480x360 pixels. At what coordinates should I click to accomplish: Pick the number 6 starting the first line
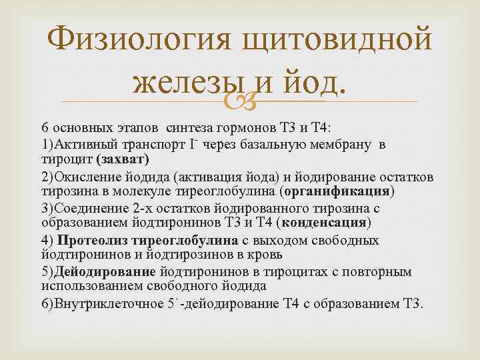45,127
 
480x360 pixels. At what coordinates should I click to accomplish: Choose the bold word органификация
337,192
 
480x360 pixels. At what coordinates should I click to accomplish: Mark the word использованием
89,287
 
